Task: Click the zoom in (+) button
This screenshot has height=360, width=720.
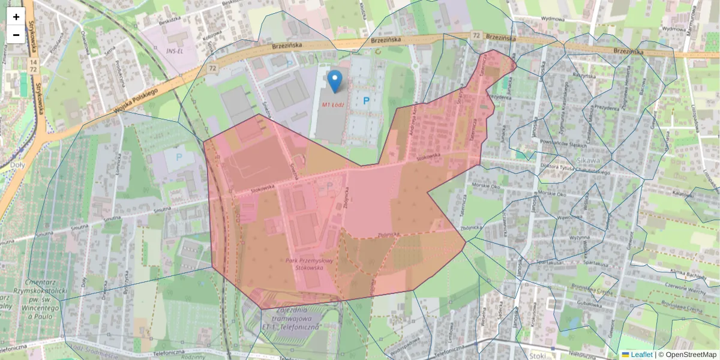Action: [16, 16]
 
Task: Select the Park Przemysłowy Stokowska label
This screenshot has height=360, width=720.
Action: [309, 265]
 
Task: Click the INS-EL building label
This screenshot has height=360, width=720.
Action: [174, 51]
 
